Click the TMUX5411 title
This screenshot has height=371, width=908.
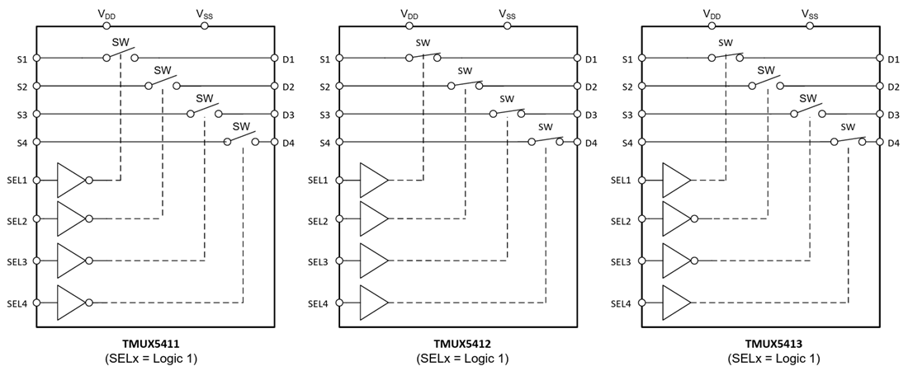click(158, 345)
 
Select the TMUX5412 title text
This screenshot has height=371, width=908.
click(462, 345)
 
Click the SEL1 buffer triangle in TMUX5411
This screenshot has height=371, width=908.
click(71, 180)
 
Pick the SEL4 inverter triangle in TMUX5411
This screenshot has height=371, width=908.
click(71, 303)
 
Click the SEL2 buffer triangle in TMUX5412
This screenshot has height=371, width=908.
click(374, 218)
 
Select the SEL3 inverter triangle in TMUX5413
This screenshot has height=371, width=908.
click(677, 261)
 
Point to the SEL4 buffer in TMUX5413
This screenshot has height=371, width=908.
click(677, 303)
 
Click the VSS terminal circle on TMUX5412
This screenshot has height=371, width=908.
click(508, 26)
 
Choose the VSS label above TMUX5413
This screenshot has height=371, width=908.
click(810, 13)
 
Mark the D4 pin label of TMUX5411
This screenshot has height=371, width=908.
click(288, 143)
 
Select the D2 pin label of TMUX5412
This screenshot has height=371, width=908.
click(591, 87)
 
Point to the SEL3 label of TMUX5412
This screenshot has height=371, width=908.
click(318, 261)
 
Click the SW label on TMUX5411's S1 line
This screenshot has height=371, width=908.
click(120, 43)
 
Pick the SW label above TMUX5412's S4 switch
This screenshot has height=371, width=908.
click(545, 127)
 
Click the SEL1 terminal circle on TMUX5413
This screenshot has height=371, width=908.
click(642, 180)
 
